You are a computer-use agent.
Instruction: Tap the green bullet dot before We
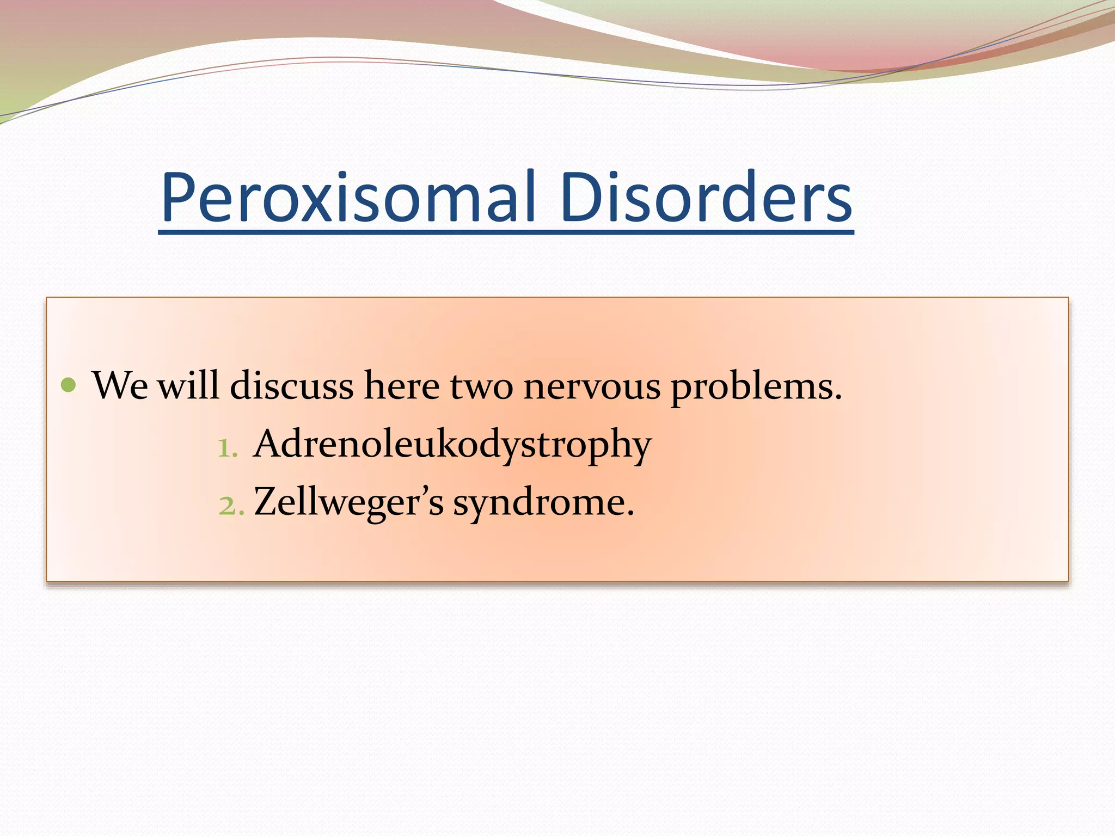point(69,385)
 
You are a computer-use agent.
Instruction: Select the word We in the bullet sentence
point(120,385)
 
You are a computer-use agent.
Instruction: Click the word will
point(188,385)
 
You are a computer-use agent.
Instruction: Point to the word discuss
point(292,385)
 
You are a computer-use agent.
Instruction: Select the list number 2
point(228,506)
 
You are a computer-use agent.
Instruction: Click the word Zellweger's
point(348,502)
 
